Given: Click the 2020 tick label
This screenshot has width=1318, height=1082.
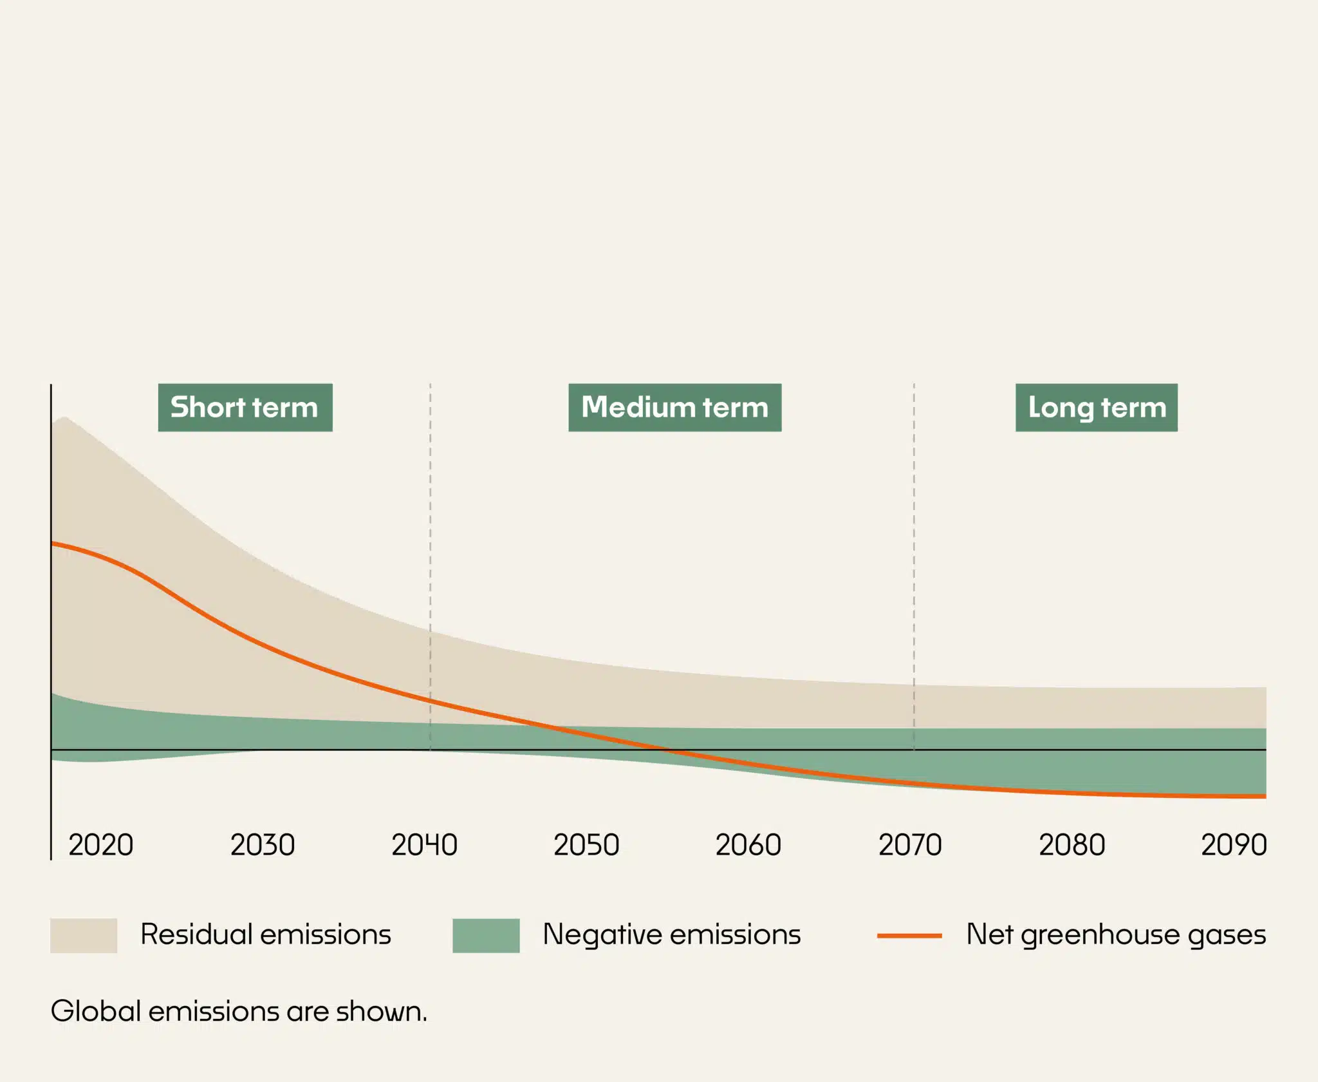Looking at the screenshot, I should point(101,845).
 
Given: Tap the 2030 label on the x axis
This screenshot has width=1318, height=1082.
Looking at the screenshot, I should point(263,845).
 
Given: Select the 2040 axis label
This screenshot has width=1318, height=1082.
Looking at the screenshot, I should point(424,845).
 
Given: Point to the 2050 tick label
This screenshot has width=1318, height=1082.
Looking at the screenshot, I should point(586,845).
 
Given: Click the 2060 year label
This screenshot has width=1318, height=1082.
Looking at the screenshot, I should point(748,845).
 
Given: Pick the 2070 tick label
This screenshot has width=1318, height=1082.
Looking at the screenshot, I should point(910,845).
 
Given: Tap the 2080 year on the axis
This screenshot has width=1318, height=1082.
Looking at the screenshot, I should point(1072,845).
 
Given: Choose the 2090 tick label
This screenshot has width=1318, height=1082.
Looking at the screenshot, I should point(1234,845).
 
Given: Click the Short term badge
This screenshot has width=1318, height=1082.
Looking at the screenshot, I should point(245,408).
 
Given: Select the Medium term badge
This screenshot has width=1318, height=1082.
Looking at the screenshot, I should point(674,408).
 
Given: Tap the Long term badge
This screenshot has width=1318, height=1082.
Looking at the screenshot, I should point(1097,408).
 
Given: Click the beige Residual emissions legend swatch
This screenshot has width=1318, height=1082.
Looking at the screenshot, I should point(84,935).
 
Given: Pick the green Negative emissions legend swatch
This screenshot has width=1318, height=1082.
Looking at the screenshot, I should point(486,935).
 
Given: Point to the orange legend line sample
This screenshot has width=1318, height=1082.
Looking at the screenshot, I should point(909,935).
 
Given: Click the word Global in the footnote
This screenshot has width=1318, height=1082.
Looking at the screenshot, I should point(96,1012).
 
